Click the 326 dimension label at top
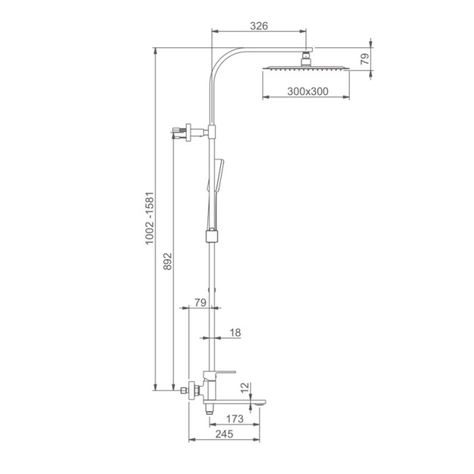[x=259, y=26]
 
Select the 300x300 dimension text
[x=308, y=91]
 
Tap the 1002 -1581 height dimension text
[x=149, y=218]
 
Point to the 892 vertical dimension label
[x=167, y=262]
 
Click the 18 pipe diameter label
[x=236, y=333]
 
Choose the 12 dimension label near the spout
[x=246, y=387]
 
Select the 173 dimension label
[x=235, y=419]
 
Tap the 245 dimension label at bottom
[x=225, y=434]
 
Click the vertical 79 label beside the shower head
[x=365, y=58]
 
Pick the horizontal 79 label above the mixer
[x=201, y=303]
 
